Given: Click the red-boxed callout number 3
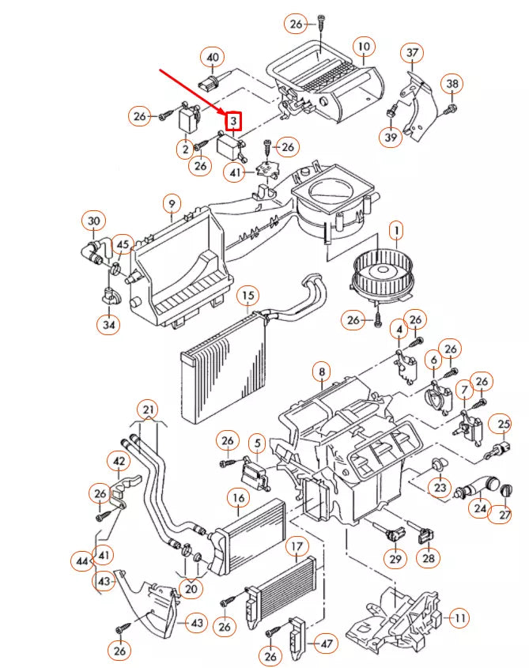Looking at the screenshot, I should coord(233,121).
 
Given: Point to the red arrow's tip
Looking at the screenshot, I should coord(225,113).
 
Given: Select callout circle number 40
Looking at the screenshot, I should coord(212,57).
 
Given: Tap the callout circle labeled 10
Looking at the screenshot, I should coord(363,47).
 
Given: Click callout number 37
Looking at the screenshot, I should coord(412,53).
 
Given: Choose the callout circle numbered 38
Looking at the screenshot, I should coord(452,84).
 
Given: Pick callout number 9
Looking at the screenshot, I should coord(172,205).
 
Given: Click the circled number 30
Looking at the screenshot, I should coord(94,221).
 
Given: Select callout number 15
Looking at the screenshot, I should coord(248,296).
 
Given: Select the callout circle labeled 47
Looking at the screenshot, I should coord(326,643).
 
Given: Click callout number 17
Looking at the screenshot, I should coord(296,545).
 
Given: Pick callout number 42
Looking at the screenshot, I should coord(119,461).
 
